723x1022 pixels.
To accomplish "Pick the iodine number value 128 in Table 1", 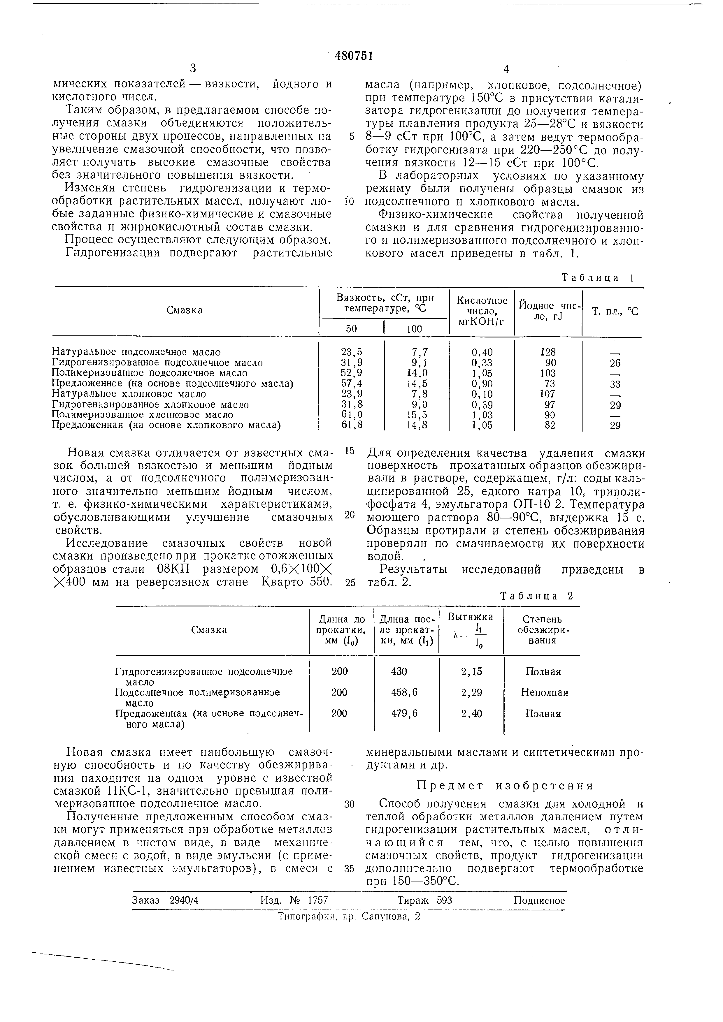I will pos(548,352).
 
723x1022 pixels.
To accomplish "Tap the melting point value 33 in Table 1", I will pos(615,384).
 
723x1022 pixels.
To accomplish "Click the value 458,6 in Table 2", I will pos(405,693).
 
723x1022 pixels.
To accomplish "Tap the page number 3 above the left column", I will pos(193,68).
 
